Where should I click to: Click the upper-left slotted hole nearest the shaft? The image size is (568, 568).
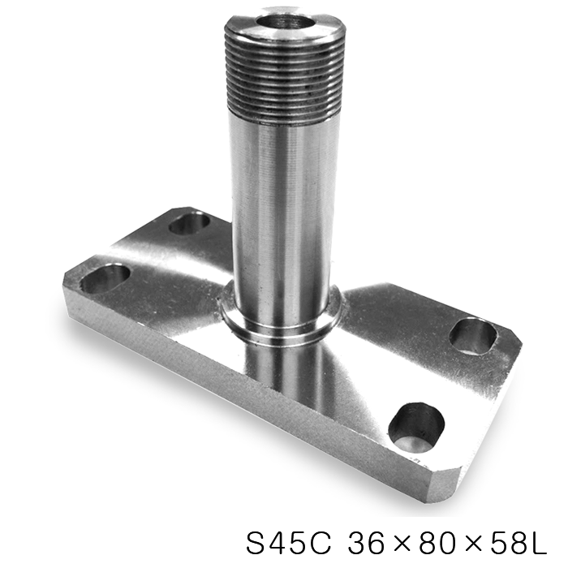click(189, 223)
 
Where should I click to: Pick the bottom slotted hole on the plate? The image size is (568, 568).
click(416, 426)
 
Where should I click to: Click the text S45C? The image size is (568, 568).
click(289, 543)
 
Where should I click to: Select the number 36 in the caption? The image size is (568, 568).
click(367, 543)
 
